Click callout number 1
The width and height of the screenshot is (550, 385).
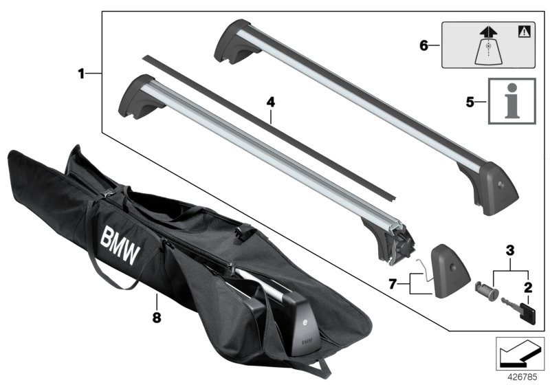(x=81, y=73)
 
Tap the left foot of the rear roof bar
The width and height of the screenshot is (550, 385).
(x=232, y=43)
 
